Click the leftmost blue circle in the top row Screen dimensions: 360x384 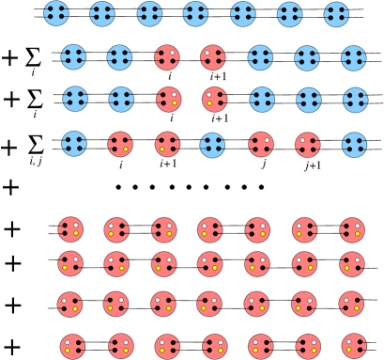point(56,13)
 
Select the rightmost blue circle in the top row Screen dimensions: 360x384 point(336,14)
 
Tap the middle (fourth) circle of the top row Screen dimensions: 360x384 point(195,13)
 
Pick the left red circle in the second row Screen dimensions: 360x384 point(167,57)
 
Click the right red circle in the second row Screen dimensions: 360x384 point(213,57)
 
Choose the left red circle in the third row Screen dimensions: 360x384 point(169,99)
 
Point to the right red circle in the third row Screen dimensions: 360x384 point(214,99)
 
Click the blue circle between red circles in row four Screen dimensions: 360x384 point(212,145)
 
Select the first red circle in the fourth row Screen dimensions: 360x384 point(120,145)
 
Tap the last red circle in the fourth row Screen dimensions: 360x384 point(307,145)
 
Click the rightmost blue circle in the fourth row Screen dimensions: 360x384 point(354,145)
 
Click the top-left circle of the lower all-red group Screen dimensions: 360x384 point(70,229)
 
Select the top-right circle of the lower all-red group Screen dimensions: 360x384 point(352,229)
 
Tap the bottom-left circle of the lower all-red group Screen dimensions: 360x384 point(73,346)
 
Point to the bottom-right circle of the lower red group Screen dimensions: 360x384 point(354,346)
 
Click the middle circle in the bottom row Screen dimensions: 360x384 point(214,346)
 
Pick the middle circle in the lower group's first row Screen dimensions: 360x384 point(210,229)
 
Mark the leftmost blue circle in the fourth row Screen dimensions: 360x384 point(74,144)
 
